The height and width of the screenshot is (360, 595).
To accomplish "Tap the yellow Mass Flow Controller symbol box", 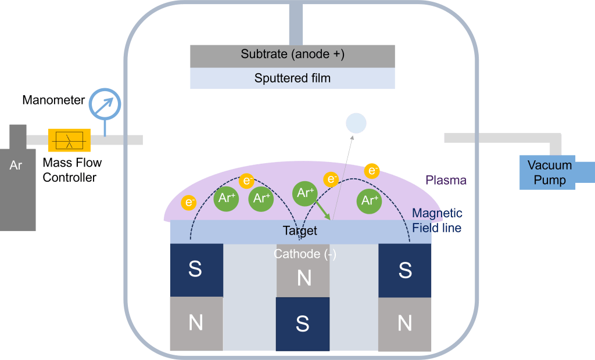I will tap(69, 140).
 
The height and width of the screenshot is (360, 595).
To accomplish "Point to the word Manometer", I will tap(53, 100).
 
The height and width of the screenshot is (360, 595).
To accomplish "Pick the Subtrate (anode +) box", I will tap(292, 55).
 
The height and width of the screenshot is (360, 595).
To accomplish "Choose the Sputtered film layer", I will tap(292, 78).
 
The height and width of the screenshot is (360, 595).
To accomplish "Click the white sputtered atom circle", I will tap(356, 123).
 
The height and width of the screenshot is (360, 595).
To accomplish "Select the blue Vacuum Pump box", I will tap(549, 172).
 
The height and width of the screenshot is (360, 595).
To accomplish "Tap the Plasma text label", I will tap(446, 180).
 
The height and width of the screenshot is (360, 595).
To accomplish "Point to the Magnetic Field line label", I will tap(437, 221).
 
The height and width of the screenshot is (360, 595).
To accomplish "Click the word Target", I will tap(300, 231).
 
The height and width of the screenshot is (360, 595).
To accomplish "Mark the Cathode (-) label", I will tap(304, 254).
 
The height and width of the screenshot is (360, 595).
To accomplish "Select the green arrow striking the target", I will tap(322, 210).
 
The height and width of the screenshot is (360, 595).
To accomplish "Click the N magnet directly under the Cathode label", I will tap(303, 278).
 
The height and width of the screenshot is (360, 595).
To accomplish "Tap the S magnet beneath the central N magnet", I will tap(302, 323).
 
